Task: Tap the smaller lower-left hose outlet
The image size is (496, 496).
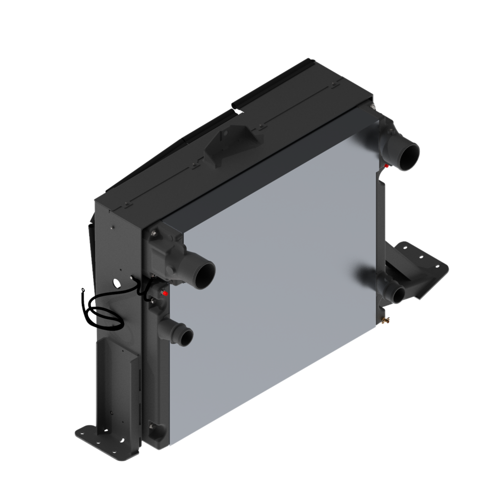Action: [x=185, y=335]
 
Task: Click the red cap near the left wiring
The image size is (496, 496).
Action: [x=165, y=294]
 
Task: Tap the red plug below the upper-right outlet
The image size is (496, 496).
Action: [x=387, y=166]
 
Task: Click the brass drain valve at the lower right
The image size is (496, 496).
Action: [x=386, y=320]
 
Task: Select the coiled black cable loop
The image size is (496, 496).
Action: [x=102, y=316]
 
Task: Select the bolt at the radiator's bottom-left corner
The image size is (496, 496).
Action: [x=155, y=427]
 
